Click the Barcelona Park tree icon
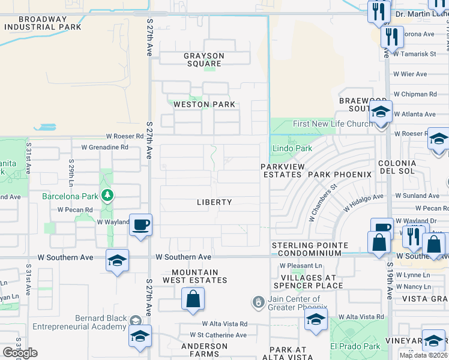click(107, 194)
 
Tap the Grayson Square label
click(204, 60)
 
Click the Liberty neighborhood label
click(214, 202)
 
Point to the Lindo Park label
click(292, 148)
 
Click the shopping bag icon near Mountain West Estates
click(193, 299)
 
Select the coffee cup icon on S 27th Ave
click(140, 225)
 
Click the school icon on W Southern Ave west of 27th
click(117, 260)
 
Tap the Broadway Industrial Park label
click(42, 23)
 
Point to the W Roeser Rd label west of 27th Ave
click(125, 137)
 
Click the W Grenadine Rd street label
click(104, 147)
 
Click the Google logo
click(20, 353)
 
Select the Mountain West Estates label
click(195, 276)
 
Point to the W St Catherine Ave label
click(218, 335)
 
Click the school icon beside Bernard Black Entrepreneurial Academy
click(140, 337)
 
